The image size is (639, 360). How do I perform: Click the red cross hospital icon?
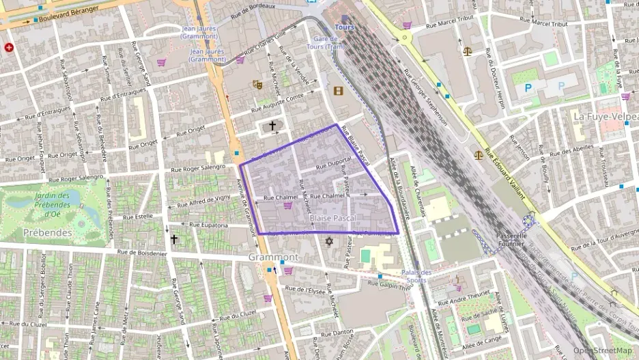[9, 48]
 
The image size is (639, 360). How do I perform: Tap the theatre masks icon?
[257, 85]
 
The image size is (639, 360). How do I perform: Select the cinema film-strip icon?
[338, 90]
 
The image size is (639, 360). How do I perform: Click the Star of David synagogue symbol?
[329, 242]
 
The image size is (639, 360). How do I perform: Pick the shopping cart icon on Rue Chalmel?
[288, 205]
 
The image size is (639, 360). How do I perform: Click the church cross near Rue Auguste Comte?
[272, 126]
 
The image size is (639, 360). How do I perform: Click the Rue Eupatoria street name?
[208, 224]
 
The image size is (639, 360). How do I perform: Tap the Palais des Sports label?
[416, 276]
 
